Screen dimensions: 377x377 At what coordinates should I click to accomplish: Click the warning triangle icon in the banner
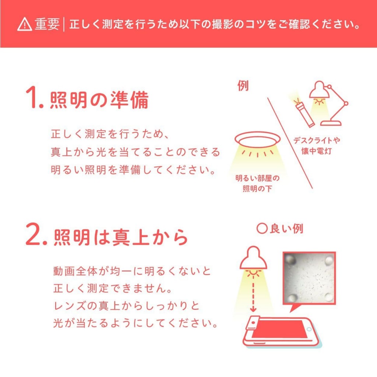(25, 25)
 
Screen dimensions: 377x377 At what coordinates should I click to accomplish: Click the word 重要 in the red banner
(47, 24)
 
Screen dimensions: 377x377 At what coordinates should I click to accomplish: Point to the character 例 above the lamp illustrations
(243, 86)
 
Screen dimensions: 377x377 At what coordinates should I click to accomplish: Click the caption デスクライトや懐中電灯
(316, 145)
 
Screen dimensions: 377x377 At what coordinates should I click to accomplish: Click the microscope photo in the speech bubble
(309, 278)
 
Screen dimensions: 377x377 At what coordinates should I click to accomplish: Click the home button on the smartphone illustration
(309, 330)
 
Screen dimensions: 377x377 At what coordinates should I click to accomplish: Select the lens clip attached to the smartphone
(253, 323)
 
